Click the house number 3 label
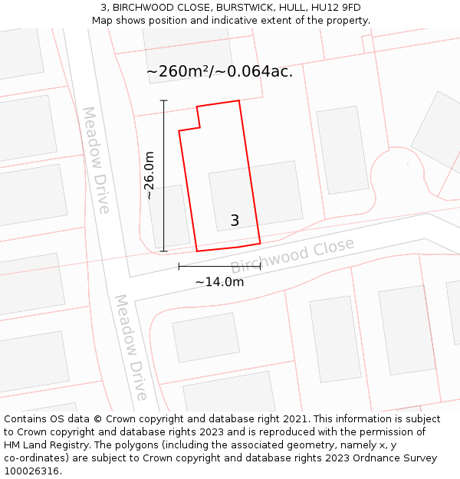pyautogui.click(x=235, y=221)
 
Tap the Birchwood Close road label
pyautogui.click(x=293, y=255)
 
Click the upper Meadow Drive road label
pyautogui.click(x=97, y=159)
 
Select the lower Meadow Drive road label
pyautogui.click(x=130, y=347)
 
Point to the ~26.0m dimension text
pyautogui.click(x=149, y=176)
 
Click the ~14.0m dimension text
pyautogui.click(x=219, y=282)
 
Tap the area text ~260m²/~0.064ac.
pyautogui.click(x=219, y=72)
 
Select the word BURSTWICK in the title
pyautogui.click(x=244, y=8)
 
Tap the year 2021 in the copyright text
pyautogui.click(x=298, y=419)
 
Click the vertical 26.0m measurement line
pyautogui.click(x=163, y=176)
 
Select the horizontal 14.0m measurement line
pyautogui.click(x=219, y=267)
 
